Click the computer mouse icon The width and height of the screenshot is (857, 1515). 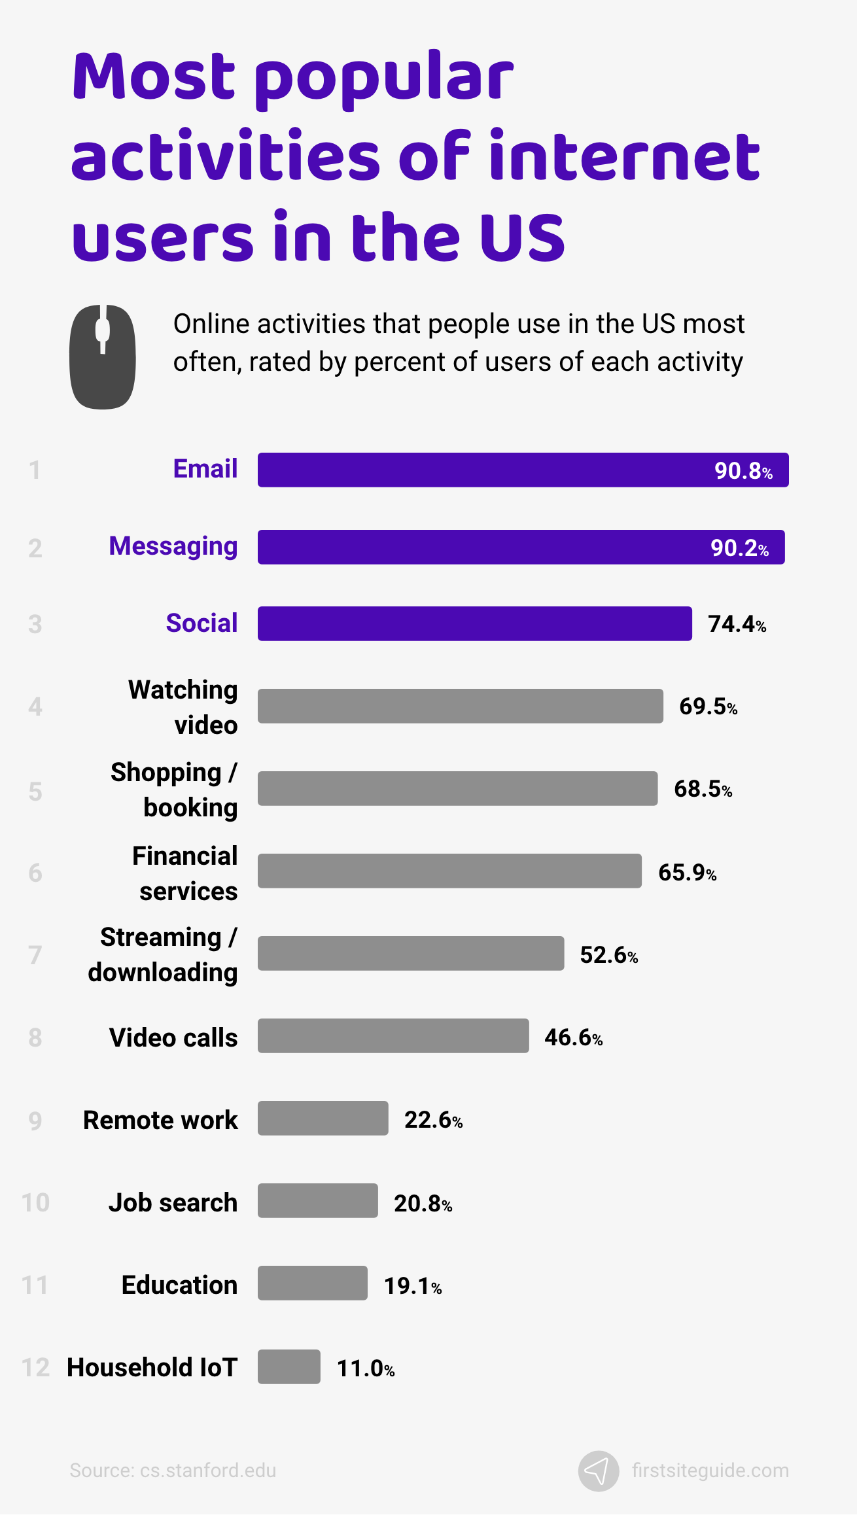(103, 357)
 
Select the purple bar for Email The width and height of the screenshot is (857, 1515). (484, 470)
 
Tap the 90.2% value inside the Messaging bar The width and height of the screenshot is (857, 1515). (739, 548)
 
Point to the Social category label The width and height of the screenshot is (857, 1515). (201, 623)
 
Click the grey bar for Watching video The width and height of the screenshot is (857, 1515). (460, 706)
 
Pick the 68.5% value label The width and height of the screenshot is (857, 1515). (703, 789)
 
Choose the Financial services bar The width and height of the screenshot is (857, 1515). (449, 871)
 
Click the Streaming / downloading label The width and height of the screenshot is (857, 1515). (164, 954)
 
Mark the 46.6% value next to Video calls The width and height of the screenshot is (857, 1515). (573, 1037)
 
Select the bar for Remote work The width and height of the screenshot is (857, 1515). (323, 1118)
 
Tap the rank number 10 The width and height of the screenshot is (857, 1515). (35, 1202)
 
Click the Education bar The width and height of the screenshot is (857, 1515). (312, 1283)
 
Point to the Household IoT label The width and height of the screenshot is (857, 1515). (152, 1367)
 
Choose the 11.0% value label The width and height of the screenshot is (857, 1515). (365, 1368)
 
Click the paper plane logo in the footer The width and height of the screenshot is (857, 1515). (598, 1471)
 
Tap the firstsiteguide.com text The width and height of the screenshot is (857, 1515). (710, 1471)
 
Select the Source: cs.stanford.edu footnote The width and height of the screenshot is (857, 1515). (173, 1471)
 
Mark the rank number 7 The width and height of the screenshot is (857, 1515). (35, 955)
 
